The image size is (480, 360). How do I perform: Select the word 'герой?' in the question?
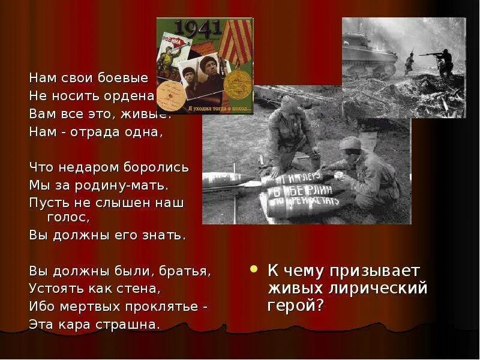(x=295, y=305)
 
